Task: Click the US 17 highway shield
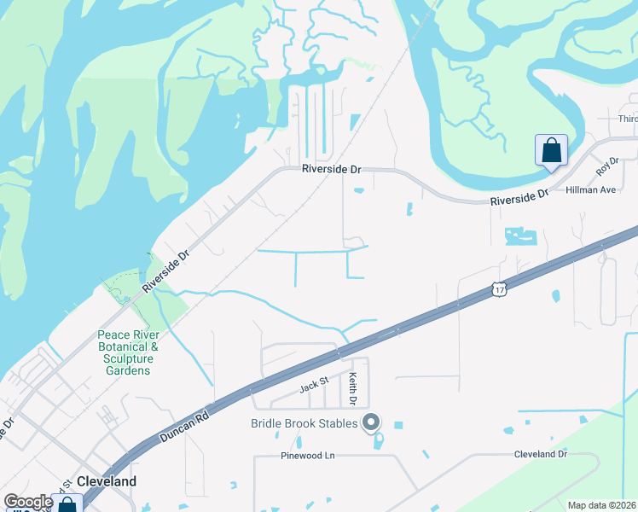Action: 499,290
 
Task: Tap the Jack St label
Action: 313,387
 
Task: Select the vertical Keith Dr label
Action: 352,388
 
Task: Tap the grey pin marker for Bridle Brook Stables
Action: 371,422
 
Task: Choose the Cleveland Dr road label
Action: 540,455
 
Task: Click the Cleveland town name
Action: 107,481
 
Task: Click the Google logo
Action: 28,501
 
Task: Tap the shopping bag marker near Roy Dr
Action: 551,151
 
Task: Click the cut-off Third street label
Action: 628,119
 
